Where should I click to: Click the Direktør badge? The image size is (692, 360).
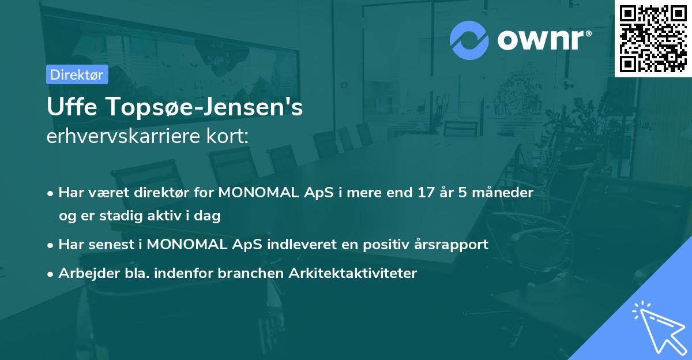77,74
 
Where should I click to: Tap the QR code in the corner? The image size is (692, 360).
653,38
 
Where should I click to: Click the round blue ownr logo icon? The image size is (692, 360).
469,39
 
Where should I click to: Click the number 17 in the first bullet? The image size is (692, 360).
426,192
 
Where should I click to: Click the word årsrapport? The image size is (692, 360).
451,244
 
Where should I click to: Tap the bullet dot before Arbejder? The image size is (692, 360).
51,273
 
